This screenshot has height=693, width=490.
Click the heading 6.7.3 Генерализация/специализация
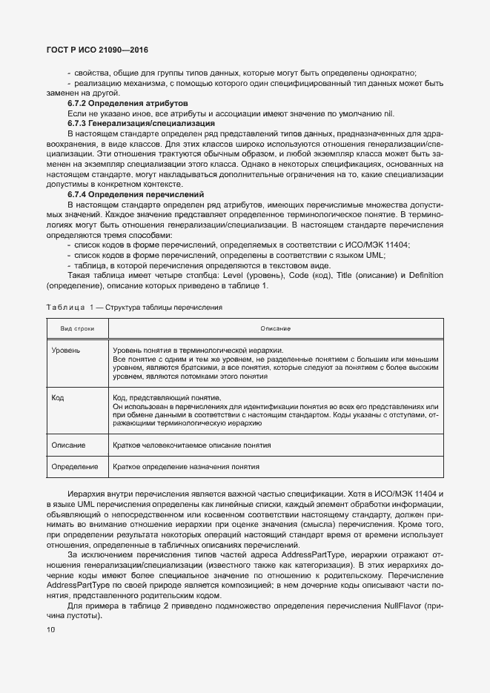point(130,123)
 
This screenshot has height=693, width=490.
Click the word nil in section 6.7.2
point(388,113)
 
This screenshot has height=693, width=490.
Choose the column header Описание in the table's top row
point(275,328)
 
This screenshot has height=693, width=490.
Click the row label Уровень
point(66,350)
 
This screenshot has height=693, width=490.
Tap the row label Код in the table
point(58,397)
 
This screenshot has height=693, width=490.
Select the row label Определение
point(75,467)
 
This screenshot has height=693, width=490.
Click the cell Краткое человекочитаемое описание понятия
point(191,445)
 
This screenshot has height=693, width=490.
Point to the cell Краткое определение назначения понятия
point(186,467)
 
